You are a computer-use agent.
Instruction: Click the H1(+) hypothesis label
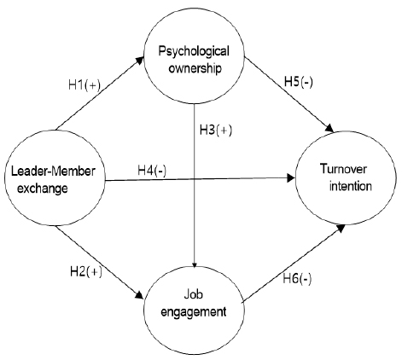pos(84,84)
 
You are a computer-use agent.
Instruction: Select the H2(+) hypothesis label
pos(86,271)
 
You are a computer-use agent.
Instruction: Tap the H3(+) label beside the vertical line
pos(216,130)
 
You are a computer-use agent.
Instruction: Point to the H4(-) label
pos(152,171)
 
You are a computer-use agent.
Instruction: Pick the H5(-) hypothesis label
pos(299,82)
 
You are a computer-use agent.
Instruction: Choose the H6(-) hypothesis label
pos(297,279)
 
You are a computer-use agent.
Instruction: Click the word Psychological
pos(194,51)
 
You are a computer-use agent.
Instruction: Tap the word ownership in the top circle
pos(195,68)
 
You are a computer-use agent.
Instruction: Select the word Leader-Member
pos(53,171)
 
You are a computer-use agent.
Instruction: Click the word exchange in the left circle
pos(43,189)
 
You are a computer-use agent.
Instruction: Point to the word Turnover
pos(344,169)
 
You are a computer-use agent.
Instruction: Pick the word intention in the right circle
pos(351,186)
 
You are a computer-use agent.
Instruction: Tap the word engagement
pos(194,312)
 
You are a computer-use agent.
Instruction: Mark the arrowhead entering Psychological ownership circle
pos(140,61)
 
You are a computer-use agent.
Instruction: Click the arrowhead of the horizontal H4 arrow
pos(291,178)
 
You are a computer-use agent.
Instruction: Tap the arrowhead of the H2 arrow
pos(139,294)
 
